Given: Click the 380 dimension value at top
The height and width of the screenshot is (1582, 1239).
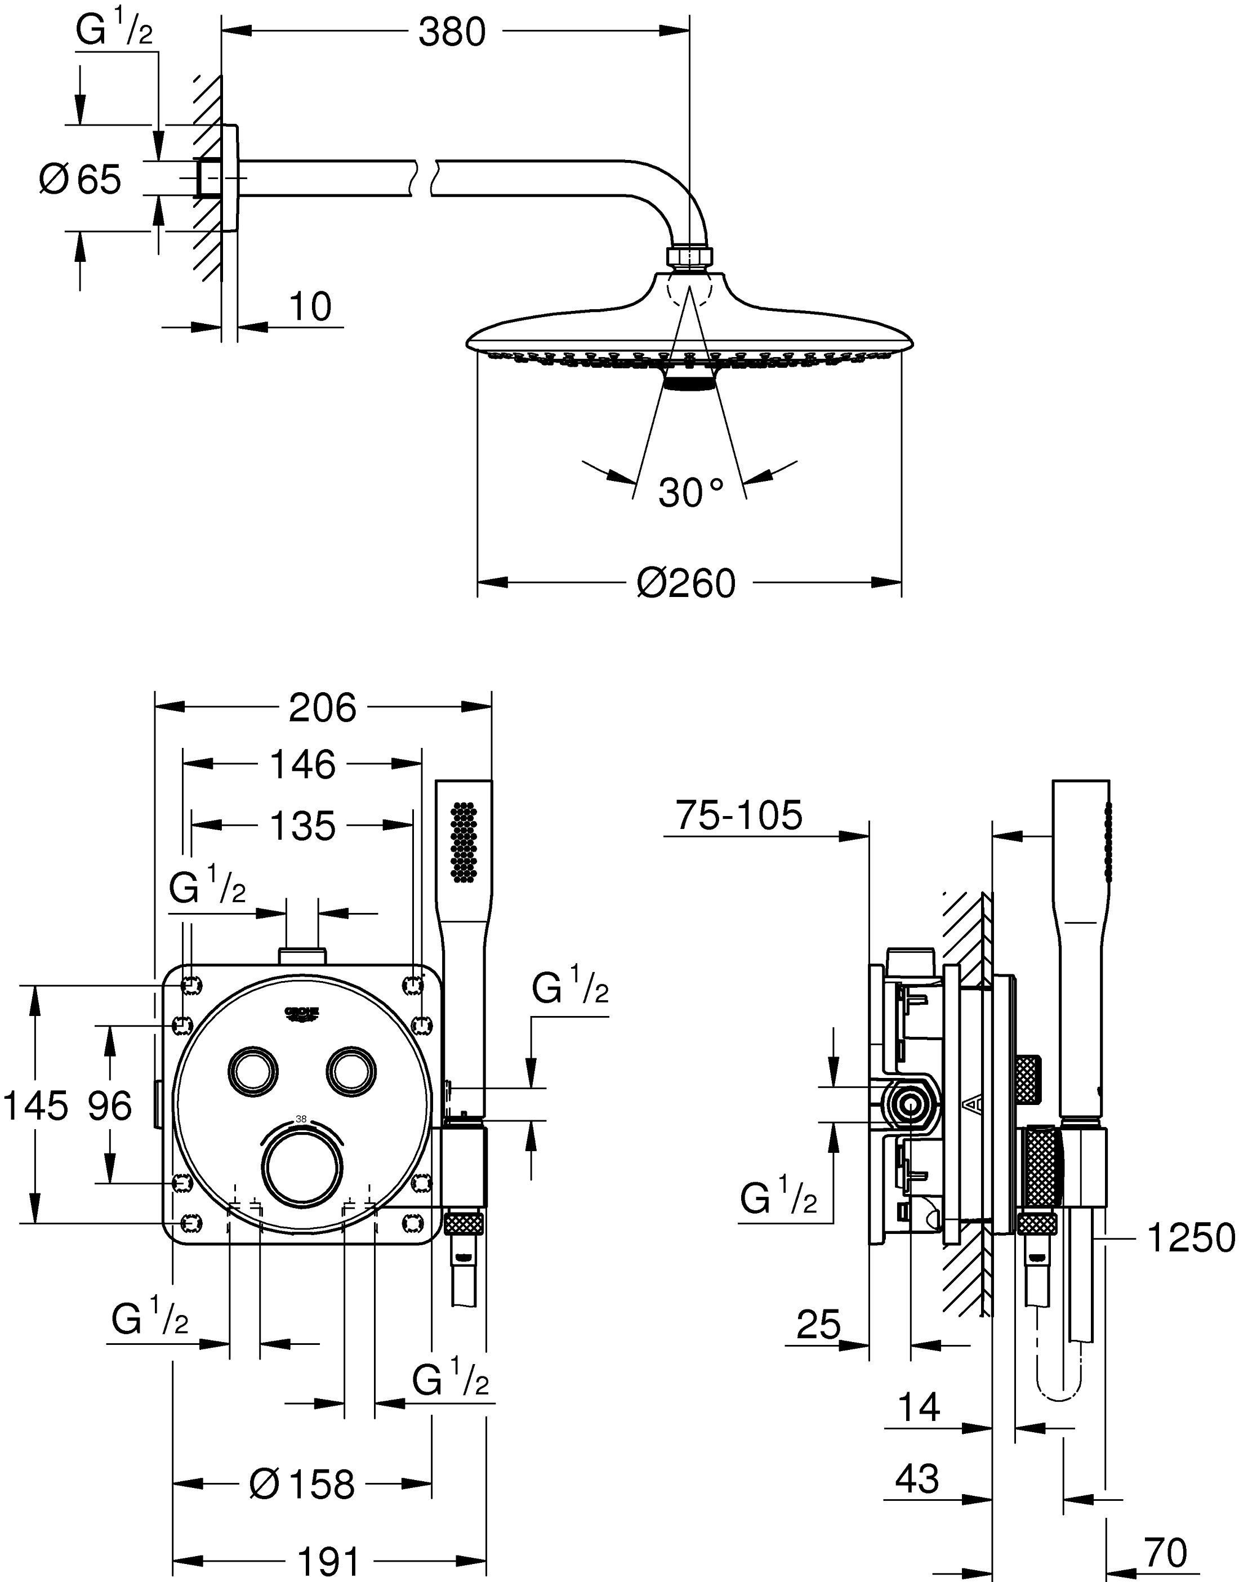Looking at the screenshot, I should pos(451,32).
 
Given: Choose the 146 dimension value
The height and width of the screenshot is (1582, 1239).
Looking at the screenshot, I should pos(302,764).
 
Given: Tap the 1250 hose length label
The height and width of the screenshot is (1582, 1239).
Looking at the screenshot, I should pos(1189,1237).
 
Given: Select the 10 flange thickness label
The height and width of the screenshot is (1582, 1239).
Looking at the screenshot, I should pos(310,306).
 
